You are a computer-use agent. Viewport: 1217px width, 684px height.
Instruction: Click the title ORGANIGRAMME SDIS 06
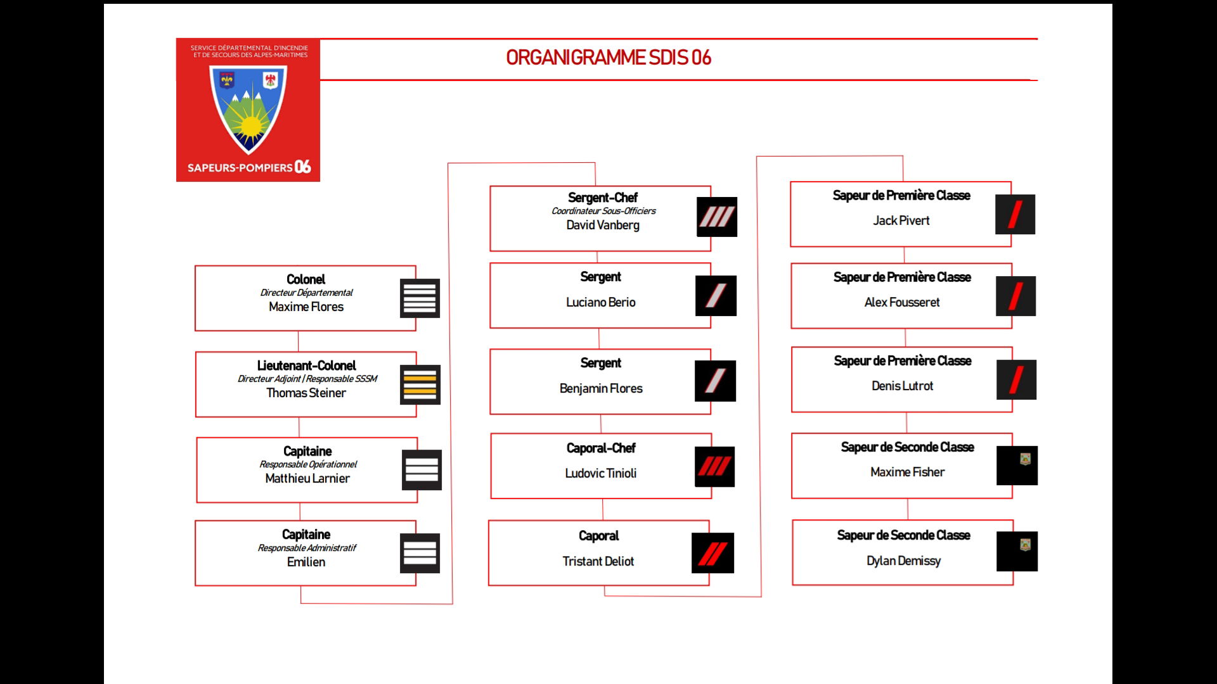pos(608,58)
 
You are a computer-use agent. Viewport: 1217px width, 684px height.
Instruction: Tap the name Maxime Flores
pos(306,307)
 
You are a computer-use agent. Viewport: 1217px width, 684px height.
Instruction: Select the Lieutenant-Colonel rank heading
pos(306,365)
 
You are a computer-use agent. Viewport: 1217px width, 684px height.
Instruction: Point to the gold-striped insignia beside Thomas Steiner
pos(420,384)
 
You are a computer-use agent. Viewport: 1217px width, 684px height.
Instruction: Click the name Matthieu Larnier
pos(307,478)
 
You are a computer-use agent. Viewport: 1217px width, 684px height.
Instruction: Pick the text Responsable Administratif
pos(307,548)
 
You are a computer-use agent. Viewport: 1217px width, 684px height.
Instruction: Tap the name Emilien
pos(306,562)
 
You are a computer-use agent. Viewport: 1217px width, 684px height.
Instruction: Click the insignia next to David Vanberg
pos(716,217)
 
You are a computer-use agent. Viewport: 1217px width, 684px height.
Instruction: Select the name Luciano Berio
pos(600,302)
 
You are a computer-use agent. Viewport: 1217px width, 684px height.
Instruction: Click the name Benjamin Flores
pos(601,388)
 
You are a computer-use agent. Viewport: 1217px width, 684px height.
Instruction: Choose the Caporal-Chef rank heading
pos(601,448)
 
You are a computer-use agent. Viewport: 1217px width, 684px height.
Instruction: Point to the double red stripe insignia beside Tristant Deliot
pos(712,553)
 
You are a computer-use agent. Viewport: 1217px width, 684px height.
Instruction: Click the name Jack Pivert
pos(901,220)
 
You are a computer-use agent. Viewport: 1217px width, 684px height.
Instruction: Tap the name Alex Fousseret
pos(901,302)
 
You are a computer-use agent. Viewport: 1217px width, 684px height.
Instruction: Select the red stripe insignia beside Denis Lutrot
pos(1016,379)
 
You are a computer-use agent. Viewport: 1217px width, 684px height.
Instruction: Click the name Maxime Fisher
pos(907,472)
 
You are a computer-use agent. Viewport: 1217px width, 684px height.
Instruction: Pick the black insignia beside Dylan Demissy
pos(1017,551)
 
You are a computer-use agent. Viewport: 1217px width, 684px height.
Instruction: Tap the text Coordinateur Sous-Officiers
pos(603,211)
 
